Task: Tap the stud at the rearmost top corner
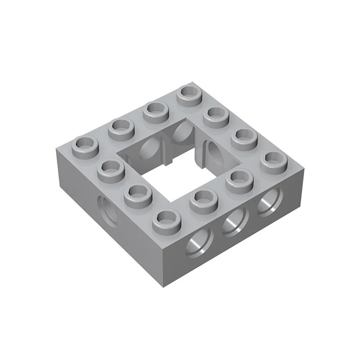click(x=189, y=94)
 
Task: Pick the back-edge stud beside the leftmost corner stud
click(x=121, y=128)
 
